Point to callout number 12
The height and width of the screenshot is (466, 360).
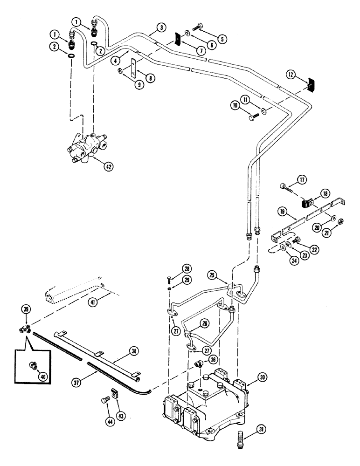pyautogui.click(x=290, y=74)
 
